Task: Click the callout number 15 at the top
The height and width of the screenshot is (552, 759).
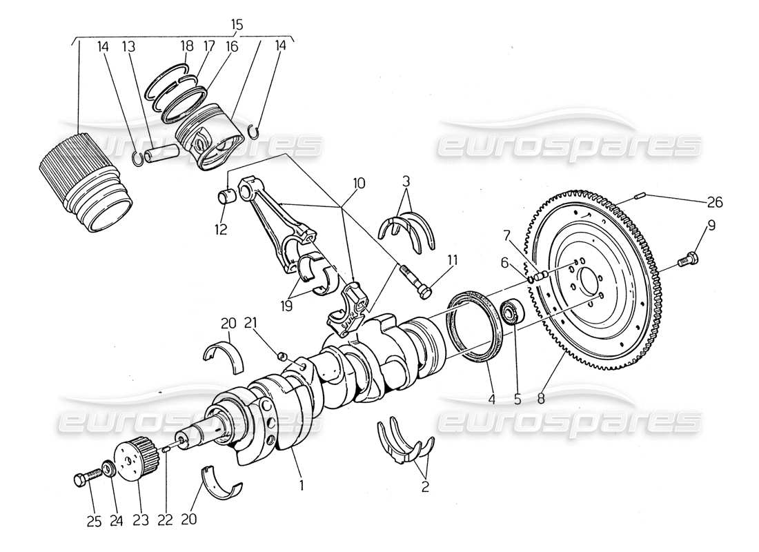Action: point(237,25)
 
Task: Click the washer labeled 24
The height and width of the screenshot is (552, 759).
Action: point(108,471)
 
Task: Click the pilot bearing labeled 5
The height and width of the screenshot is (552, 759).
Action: point(510,311)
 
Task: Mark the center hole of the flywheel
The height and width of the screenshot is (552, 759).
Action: point(588,282)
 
